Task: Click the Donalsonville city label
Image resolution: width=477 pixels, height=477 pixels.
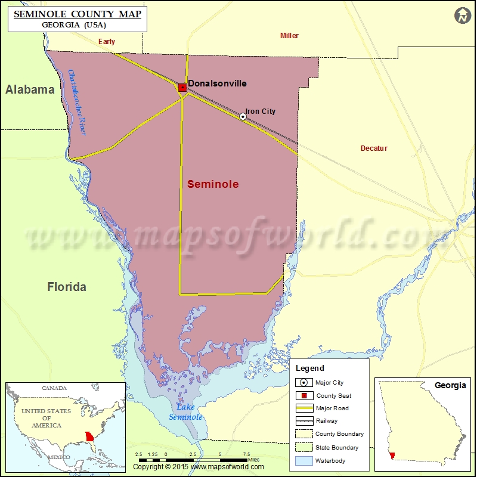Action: tap(217, 84)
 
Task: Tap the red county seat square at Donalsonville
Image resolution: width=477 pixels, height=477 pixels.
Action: tap(182, 87)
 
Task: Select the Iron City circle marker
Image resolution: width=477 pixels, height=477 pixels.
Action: tap(243, 116)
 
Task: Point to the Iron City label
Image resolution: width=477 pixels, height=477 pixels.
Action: tap(261, 111)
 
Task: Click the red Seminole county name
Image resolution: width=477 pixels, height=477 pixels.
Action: tap(213, 184)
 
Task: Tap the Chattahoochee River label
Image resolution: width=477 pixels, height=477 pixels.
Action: tap(77, 103)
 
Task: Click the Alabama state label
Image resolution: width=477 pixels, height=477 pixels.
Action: tap(30, 89)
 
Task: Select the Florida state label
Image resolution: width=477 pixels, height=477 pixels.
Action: tap(67, 287)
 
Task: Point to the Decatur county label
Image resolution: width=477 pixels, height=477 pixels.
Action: tap(374, 148)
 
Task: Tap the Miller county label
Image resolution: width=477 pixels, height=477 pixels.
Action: tap(289, 36)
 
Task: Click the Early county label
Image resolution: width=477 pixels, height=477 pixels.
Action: tap(107, 42)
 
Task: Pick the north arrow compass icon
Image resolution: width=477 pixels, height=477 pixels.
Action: tap(462, 16)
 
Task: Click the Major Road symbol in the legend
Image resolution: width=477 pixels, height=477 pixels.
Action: tap(303, 408)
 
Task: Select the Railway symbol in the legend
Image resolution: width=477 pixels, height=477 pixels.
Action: tap(303, 421)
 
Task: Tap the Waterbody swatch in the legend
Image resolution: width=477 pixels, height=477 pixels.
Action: tap(303, 460)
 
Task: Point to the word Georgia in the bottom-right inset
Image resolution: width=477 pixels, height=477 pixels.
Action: tap(450, 385)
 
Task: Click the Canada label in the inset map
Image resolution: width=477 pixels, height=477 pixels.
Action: tap(54, 388)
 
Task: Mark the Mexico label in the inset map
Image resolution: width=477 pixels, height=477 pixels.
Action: tap(59, 457)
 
